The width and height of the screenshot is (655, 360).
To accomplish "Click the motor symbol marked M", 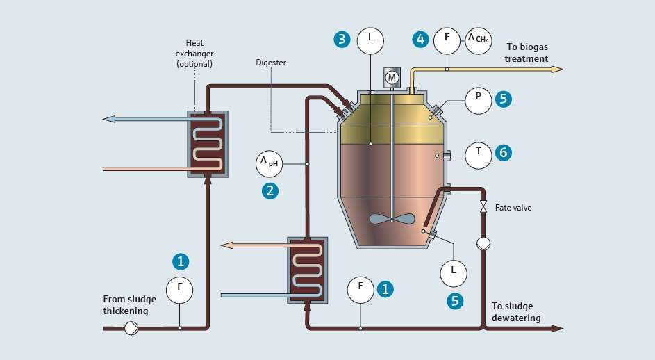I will click(392, 78).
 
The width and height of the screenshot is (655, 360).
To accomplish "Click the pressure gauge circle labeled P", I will click(478, 99).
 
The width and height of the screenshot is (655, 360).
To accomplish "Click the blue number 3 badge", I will click(341, 39).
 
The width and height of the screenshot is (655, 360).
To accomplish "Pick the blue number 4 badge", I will click(420, 39).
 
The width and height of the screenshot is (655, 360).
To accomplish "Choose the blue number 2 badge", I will click(270, 190).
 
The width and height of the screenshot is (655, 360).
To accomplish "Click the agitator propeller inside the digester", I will click(392, 219).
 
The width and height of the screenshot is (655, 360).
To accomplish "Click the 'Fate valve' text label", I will click(513, 208).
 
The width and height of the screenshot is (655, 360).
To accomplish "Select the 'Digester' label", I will click(271, 63).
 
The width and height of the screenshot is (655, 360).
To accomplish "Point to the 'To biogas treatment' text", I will click(522, 53).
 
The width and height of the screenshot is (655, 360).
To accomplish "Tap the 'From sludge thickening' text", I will click(130, 305).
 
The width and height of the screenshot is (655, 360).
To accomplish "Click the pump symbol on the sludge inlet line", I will click(131, 328).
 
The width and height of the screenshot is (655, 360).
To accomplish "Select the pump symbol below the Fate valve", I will click(483, 244).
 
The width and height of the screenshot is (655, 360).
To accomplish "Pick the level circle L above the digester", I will click(370, 40).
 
